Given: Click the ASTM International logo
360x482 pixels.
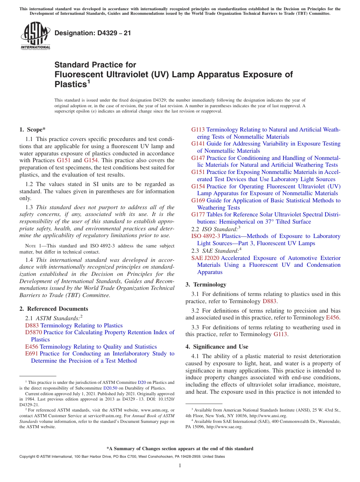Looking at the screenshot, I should [35, 36].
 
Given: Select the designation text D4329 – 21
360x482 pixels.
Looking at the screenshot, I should [93, 33].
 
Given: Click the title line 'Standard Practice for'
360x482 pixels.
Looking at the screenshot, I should [95, 65].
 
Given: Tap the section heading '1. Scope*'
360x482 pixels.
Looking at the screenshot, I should [33, 130].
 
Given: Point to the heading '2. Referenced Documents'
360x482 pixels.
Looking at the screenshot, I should [54, 309].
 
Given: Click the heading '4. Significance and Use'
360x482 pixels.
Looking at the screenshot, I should [217, 347].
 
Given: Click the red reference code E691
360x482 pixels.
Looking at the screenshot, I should [31, 354].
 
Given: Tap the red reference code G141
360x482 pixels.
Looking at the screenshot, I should [198, 144].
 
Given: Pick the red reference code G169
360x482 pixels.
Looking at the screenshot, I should [198, 200].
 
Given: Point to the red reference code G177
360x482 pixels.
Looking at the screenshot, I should [198, 215].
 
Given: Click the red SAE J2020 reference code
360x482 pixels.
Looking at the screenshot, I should [205, 258].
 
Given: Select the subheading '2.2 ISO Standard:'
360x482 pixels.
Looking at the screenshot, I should [216, 229].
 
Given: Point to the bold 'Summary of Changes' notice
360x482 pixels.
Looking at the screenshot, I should [180, 449].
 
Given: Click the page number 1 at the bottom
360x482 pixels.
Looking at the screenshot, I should [180, 465].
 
